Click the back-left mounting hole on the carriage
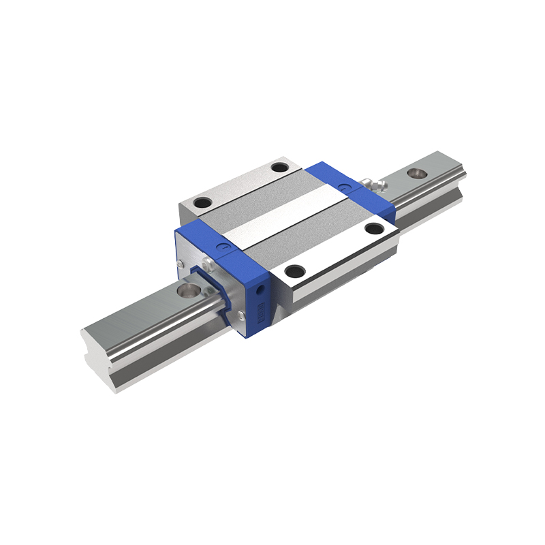point(202,202)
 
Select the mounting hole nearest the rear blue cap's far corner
point(279,168)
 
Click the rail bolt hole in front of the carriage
point(185,291)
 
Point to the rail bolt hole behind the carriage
point(415,172)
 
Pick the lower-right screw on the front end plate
point(241,314)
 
